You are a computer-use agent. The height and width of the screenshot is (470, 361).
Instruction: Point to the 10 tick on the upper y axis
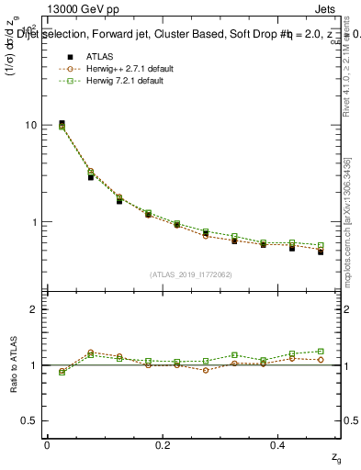pyautogui.click(x=31, y=125)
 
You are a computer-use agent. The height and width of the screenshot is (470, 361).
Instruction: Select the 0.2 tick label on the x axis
pyautogui.click(x=163, y=444)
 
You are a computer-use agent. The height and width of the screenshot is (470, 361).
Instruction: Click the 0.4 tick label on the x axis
pyautogui.click(x=278, y=444)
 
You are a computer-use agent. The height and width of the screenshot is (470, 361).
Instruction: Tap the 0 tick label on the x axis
pyautogui.click(x=47, y=444)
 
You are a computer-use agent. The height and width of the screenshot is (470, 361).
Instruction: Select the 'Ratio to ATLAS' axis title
pyautogui.click(x=12, y=364)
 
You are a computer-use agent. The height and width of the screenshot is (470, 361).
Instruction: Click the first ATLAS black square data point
pyautogui.click(x=62, y=123)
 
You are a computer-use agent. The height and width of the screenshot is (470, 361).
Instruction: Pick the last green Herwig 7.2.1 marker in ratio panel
pyautogui.click(x=321, y=351)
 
